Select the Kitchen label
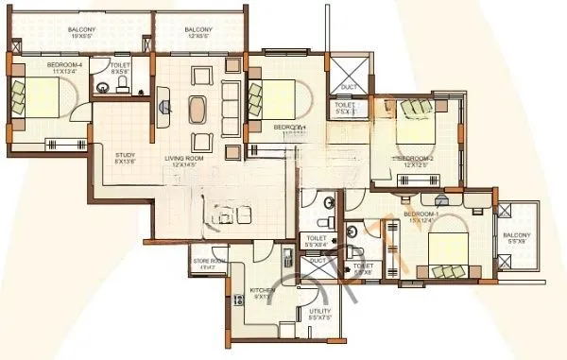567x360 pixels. click(261, 291)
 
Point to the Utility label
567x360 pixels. click(320, 313)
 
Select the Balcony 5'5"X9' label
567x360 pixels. click(516, 238)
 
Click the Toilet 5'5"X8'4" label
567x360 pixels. click(316, 241)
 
